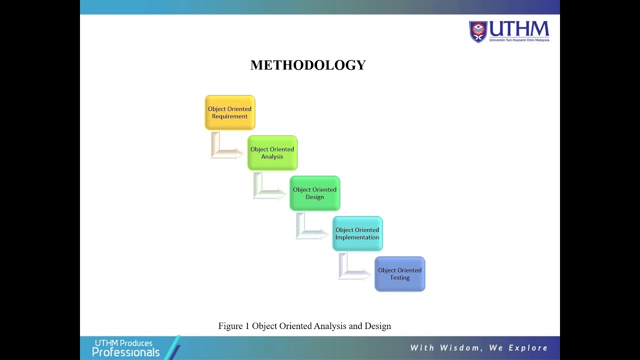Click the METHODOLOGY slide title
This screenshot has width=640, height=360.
308,65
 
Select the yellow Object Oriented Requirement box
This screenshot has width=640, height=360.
230,112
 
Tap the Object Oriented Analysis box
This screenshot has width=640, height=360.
272,153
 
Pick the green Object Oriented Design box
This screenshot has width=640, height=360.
315,193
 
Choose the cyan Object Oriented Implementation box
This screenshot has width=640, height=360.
357,233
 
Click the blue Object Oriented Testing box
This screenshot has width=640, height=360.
400,274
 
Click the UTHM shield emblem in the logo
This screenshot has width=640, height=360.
478,31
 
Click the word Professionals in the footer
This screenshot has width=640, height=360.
125,352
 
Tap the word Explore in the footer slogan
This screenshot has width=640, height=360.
528,348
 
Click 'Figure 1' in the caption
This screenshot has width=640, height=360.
233,326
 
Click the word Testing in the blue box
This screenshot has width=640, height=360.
400,278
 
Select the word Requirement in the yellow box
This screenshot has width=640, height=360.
230,116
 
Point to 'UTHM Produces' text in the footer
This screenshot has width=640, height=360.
123,343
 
